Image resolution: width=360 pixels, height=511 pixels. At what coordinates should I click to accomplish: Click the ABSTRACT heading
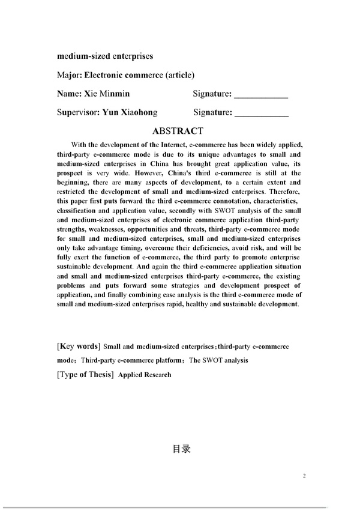(179, 130)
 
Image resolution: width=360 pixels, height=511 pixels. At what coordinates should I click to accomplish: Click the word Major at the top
(69, 75)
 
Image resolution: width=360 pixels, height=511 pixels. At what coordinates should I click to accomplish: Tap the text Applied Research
(145, 375)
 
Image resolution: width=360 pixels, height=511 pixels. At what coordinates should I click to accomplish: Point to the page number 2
(304, 476)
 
